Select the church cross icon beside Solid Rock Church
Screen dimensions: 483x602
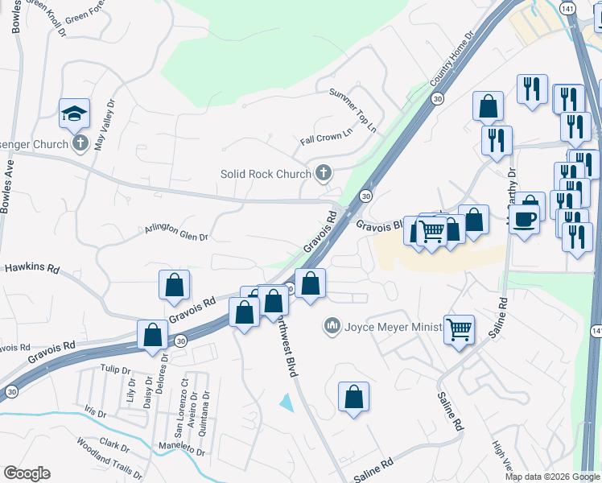(x=324, y=172)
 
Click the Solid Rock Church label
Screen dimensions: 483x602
(x=266, y=174)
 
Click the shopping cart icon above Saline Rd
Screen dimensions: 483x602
(x=459, y=328)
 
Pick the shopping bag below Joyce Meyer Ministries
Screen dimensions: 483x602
(x=353, y=397)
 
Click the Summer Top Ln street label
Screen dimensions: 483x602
(x=353, y=110)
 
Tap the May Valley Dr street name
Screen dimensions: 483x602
(x=105, y=126)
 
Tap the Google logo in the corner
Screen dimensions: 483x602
(x=27, y=473)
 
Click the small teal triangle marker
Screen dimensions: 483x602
(x=286, y=401)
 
